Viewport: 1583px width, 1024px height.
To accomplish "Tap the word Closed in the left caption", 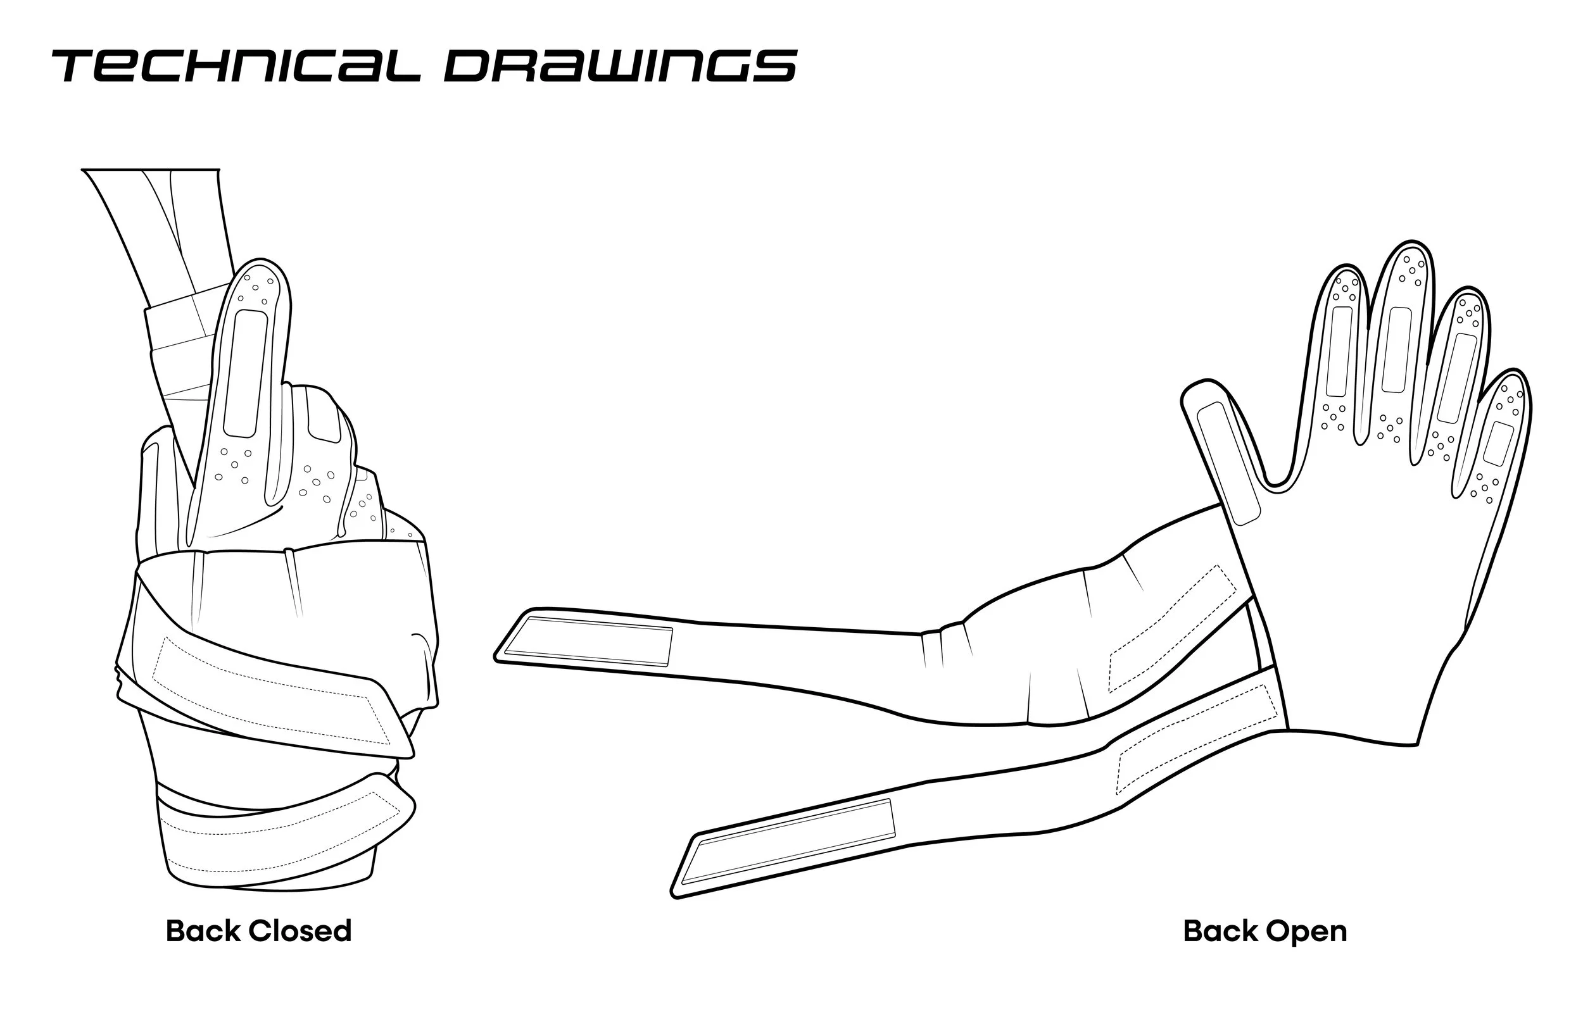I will (300, 931).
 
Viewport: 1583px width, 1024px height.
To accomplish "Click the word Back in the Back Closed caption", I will (202, 931).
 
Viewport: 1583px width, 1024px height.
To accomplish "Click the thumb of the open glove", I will (1224, 452).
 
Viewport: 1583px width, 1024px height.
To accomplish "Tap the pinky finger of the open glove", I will (1500, 439).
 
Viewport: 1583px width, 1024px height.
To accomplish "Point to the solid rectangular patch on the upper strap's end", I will (588, 641).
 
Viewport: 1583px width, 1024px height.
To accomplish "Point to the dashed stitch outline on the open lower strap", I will (1197, 738).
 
